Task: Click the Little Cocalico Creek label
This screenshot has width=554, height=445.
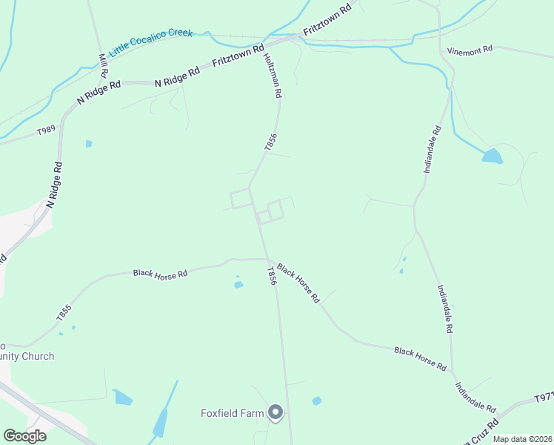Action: [x=150, y=43]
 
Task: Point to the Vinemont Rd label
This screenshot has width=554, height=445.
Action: [x=470, y=50]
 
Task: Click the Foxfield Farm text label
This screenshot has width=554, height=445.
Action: [x=233, y=413]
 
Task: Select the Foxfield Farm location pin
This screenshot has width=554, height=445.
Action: [x=276, y=412]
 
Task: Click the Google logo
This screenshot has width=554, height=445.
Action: [x=24, y=435]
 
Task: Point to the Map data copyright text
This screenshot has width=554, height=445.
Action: [x=523, y=439]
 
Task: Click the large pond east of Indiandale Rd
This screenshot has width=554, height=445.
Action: [x=492, y=156]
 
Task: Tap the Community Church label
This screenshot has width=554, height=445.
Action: [x=27, y=356]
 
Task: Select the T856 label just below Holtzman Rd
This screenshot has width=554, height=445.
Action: [x=271, y=142]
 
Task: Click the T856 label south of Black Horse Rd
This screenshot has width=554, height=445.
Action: [x=272, y=275]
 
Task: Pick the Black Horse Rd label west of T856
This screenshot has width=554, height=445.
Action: [x=160, y=273]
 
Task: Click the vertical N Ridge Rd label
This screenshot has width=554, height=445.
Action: [x=53, y=185]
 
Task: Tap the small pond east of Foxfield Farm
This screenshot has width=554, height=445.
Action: [x=317, y=400]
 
